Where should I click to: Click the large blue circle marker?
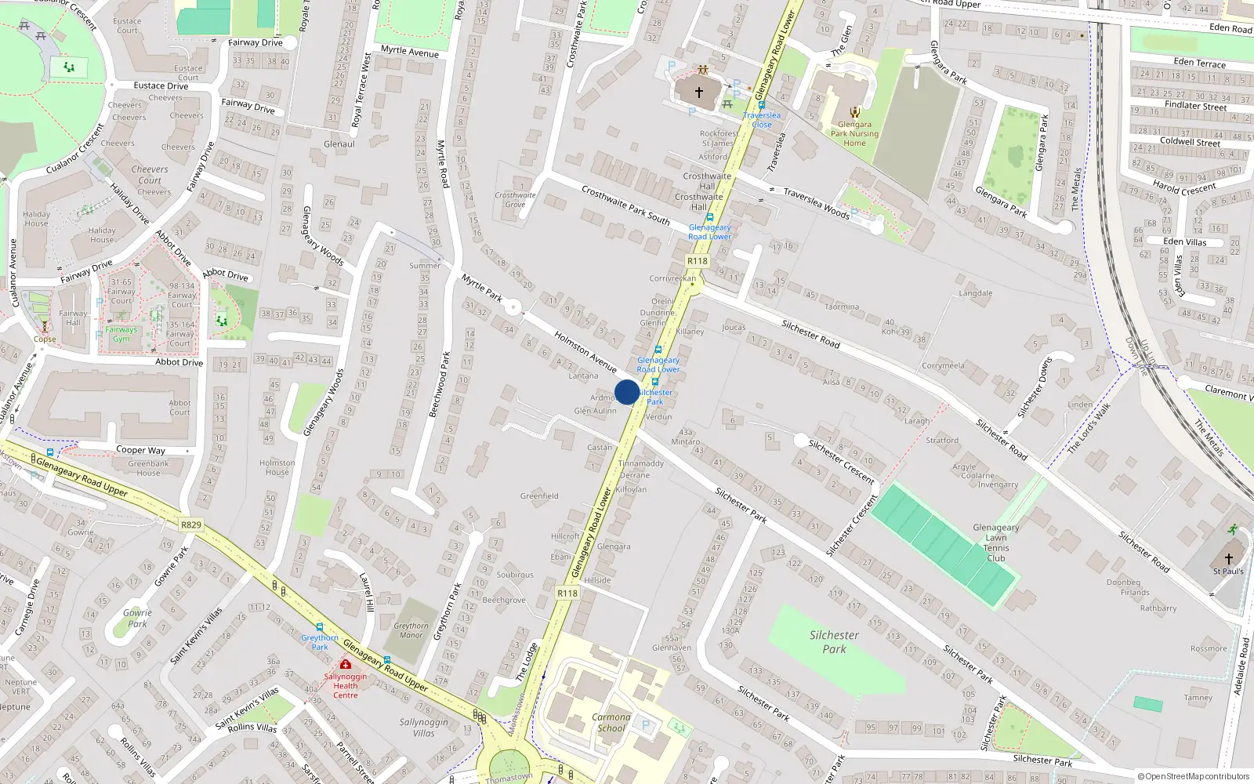pyautogui.click(x=627, y=392)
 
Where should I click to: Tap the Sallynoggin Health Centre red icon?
pyautogui.click(x=346, y=664)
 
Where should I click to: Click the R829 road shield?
pyautogui.click(x=190, y=524)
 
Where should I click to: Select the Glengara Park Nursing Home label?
pyautogui.click(x=854, y=133)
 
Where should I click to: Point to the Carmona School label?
pyautogui.click(x=611, y=722)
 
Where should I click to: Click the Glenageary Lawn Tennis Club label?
pyautogui.click(x=995, y=543)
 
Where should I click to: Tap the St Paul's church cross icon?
pyautogui.click(x=1228, y=558)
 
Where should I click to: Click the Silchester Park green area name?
pyautogui.click(x=834, y=642)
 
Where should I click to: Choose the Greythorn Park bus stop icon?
pyautogui.click(x=320, y=627)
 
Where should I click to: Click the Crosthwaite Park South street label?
pyautogui.click(x=625, y=205)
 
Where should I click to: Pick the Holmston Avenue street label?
pyautogui.click(x=585, y=350)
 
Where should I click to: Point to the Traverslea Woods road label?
pyautogui.click(x=816, y=202)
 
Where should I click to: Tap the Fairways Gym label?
pyautogui.click(x=121, y=334)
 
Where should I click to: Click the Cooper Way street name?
pyautogui.click(x=140, y=450)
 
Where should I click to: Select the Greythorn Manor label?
pyautogui.click(x=411, y=630)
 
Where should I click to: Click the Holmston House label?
pyautogui.click(x=277, y=467)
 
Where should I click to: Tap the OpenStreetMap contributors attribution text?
pyautogui.click(x=1194, y=776)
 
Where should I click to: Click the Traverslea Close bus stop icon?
pyautogui.click(x=761, y=104)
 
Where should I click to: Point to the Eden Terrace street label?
pyautogui.click(x=1199, y=63)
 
